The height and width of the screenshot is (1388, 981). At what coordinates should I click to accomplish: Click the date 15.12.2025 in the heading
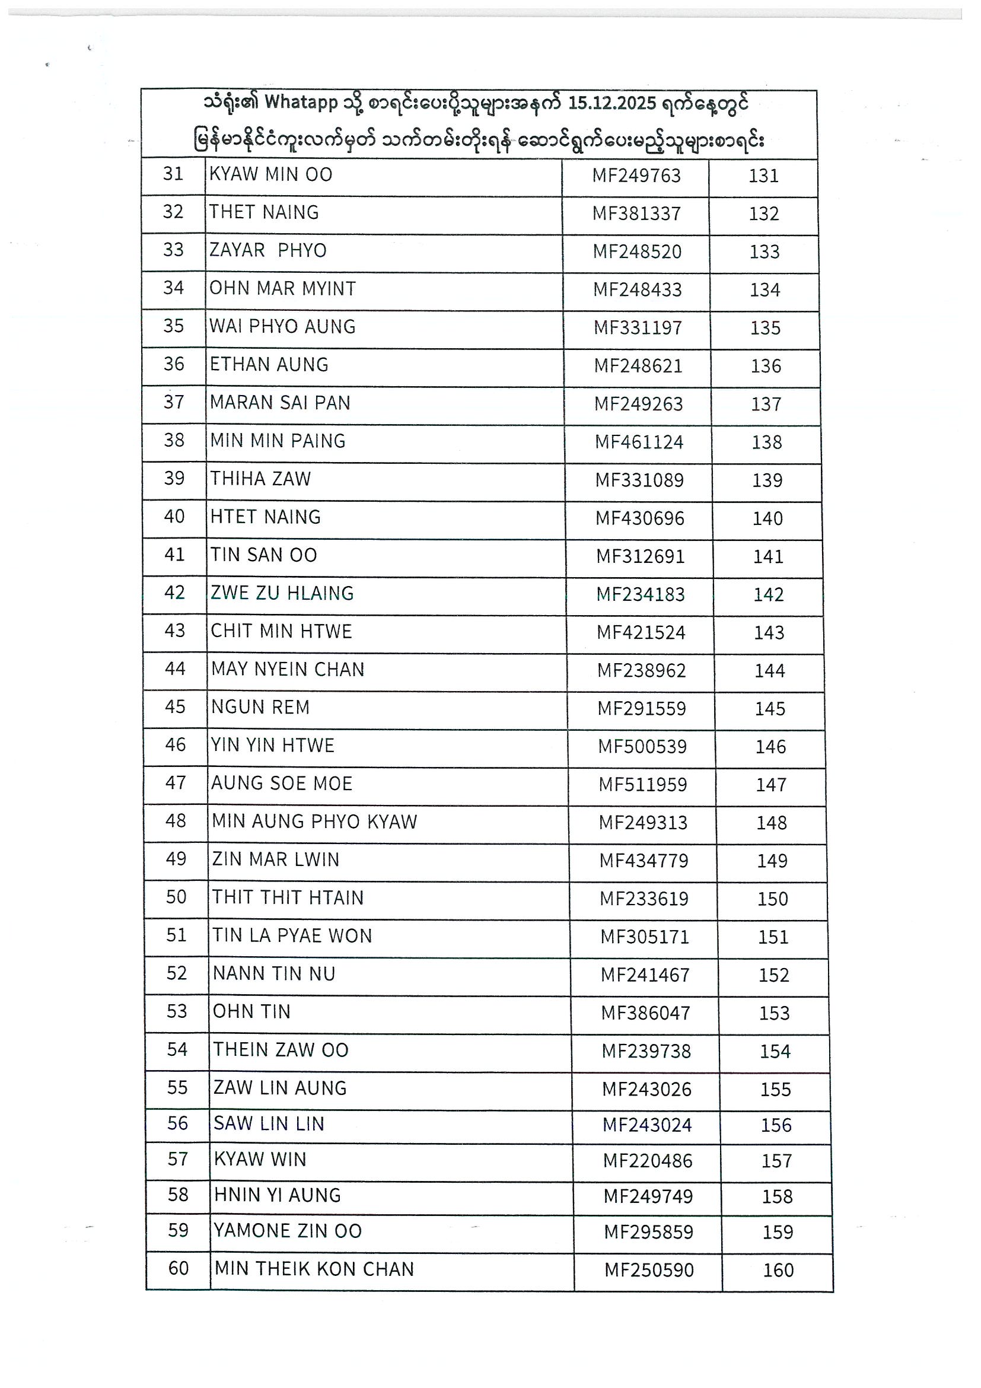click(611, 103)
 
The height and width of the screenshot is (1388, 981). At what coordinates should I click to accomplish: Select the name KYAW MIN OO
click(271, 175)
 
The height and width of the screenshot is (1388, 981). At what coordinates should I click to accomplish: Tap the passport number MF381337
click(636, 214)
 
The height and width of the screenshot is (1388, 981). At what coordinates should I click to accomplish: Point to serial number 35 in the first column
click(173, 326)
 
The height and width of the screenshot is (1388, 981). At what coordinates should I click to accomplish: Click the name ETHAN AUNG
click(269, 365)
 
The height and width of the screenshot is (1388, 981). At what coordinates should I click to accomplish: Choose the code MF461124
click(639, 442)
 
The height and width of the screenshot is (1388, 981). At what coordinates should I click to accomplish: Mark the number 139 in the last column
click(767, 480)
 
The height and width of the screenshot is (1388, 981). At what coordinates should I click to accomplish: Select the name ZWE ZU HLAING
click(282, 593)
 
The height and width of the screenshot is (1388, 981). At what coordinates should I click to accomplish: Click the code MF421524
click(641, 632)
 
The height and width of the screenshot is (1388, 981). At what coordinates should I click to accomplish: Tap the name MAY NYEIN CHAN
click(288, 669)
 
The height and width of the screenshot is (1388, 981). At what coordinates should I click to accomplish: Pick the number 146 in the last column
click(770, 747)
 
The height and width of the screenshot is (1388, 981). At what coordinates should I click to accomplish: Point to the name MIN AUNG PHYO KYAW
click(314, 822)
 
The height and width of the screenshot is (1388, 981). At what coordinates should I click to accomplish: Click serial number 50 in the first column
click(176, 896)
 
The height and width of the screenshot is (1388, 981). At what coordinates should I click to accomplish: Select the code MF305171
click(644, 937)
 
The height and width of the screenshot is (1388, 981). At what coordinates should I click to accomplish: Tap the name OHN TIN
click(251, 1011)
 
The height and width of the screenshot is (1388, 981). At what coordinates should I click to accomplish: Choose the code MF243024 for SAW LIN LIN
click(646, 1125)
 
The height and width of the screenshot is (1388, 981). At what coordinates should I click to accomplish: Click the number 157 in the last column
click(777, 1161)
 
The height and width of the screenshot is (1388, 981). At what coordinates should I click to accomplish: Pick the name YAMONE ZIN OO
click(288, 1231)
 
